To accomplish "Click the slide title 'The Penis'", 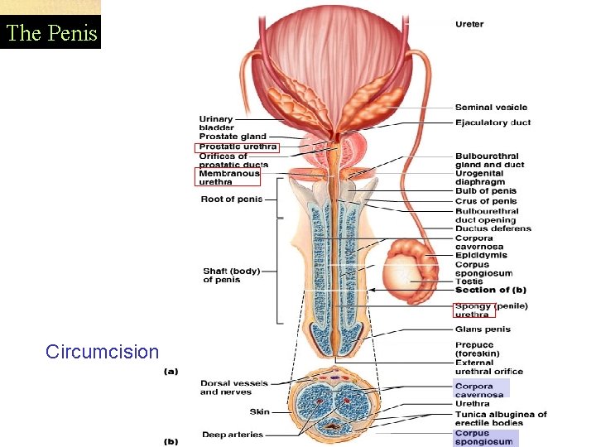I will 50,34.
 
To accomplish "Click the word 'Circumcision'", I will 103,352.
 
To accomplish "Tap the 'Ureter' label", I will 469,24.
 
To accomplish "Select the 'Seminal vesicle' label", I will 491,107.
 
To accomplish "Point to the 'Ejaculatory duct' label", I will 493,123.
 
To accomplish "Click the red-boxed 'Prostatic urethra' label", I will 238,147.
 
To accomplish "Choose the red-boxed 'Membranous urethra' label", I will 228,177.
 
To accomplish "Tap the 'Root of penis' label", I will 231,199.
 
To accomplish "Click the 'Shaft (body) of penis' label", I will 231,275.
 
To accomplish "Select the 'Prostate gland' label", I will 233,137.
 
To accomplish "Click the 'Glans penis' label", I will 483,329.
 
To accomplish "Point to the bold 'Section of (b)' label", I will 490,290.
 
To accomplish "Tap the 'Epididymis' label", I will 481,256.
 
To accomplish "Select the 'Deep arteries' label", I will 232,434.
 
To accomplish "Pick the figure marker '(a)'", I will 171,371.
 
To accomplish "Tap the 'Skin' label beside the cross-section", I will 259,411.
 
